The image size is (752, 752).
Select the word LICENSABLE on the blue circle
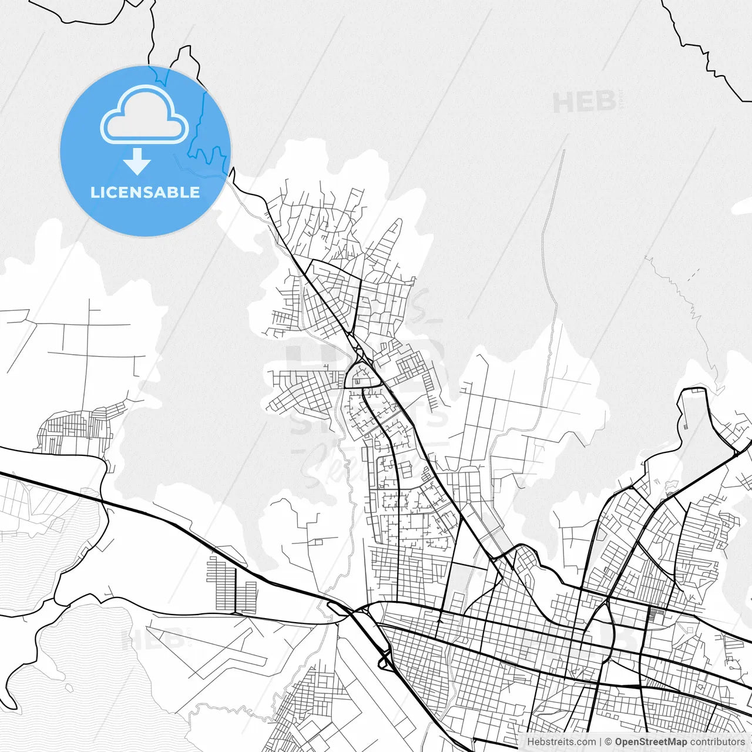click(x=145, y=192)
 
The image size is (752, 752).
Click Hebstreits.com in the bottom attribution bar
click(x=561, y=742)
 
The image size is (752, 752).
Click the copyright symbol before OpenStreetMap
click(x=609, y=742)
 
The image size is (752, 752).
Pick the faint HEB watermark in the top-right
click(x=584, y=102)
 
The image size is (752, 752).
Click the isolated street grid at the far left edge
click(x=76, y=426)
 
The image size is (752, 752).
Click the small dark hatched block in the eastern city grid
click(x=656, y=616)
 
